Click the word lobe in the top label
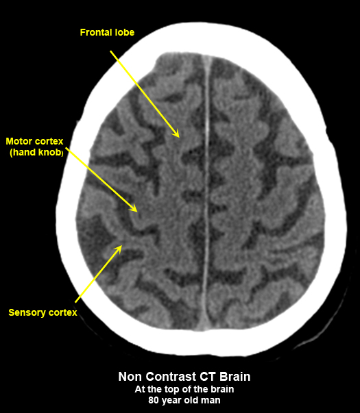(x=125, y=32)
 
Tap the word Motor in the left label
(x=19, y=142)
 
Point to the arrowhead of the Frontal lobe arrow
(x=176, y=134)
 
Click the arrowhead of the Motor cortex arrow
(x=134, y=208)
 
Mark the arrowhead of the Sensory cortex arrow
(x=119, y=249)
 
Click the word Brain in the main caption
(x=235, y=377)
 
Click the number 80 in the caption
(x=153, y=401)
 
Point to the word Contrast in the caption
(x=171, y=377)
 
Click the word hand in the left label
(x=24, y=152)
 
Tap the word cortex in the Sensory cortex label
(x=63, y=312)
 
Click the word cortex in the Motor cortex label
(x=49, y=142)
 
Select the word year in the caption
(x=171, y=401)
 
